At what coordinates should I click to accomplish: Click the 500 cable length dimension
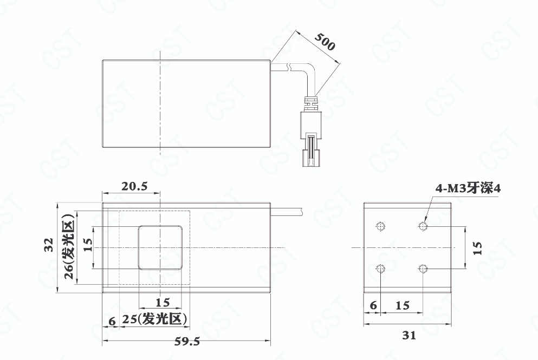[x=325, y=42]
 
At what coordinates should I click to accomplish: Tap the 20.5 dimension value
[x=134, y=186]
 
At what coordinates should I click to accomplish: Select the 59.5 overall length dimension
[x=187, y=341]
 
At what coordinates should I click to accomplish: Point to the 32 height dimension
[x=49, y=245]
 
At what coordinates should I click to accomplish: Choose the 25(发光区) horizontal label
[x=155, y=319]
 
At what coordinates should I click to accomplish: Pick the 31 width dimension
[x=409, y=335]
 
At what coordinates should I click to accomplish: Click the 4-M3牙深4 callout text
[x=468, y=188]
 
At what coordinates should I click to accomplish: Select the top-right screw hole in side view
[x=423, y=226]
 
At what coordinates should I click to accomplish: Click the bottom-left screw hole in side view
[x=381, y=269]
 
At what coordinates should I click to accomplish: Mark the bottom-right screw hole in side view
[x=423, y=269]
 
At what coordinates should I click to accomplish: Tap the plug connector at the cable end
[x=311, y=139]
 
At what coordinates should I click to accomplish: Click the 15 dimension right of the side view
[x=477, y=248]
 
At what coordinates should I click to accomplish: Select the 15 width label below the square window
[x=163, y=303]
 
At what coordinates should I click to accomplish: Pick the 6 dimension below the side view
[x=373, y=305]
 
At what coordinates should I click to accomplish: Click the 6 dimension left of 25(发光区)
[x=112, y=321]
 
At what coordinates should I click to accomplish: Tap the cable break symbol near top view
[x=290, y=67]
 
